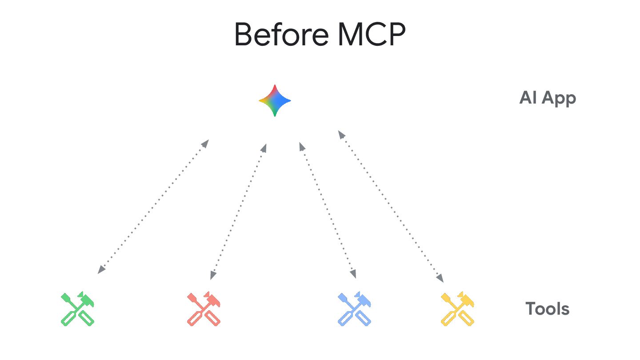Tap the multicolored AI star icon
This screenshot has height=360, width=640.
(275, 100)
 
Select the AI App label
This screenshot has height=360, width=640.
(548, 98)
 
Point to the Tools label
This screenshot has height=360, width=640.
(547, 308)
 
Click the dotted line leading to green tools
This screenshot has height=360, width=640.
(153, 207)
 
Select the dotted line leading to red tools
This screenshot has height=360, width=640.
(238, 211)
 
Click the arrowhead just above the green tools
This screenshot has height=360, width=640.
(101, 269)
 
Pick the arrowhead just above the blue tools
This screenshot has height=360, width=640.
(353, 274)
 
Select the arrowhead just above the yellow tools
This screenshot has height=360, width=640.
(440, 278)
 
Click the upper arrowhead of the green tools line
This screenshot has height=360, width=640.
(205, 143)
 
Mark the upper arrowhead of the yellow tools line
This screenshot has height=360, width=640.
(340, 133)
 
